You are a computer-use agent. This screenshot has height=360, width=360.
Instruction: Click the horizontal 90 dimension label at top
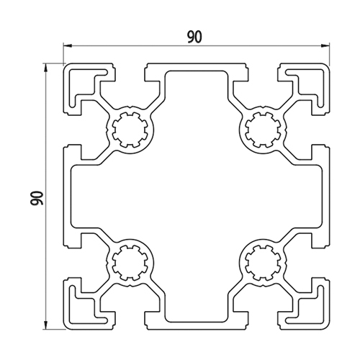tap(195, 37)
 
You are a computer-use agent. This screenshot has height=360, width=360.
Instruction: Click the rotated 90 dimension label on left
tap(37, 198)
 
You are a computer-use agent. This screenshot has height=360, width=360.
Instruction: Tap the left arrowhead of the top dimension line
tap(68, 45)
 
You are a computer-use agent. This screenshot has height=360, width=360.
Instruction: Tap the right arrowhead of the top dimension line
tap(325, 45)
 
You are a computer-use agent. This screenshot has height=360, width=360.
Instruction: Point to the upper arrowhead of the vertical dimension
tap(45, 68)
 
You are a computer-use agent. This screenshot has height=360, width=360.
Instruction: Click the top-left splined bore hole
tap(130, 130)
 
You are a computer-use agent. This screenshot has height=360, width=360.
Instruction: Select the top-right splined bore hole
tap(263, 130)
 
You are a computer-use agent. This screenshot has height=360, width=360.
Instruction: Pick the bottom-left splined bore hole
tap(130, 263)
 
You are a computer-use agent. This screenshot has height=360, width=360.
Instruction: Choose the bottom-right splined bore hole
tap(263, 263)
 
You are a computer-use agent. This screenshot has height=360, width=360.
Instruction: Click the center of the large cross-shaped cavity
tap(197, 197)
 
